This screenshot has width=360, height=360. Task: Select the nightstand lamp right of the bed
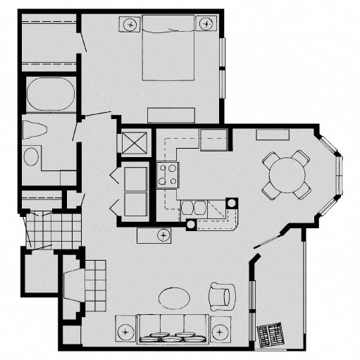click(206, 24)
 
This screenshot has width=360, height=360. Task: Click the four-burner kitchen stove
click(167, 174)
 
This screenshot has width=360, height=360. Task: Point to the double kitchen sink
click(193, 208)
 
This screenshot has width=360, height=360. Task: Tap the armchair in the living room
click(221, 296)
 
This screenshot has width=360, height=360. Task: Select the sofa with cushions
click(173, 328)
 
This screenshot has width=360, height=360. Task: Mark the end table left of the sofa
click(126, 330)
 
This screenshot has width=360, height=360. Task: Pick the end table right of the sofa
click(221, 330)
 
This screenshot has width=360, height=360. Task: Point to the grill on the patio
click(273, 334)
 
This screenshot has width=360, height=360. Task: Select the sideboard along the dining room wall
click(270, 135)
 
